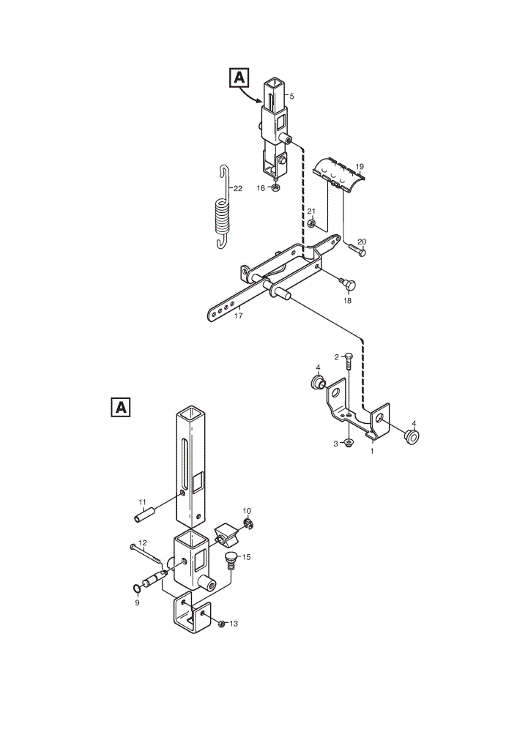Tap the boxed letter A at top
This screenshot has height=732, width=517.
[239, 78]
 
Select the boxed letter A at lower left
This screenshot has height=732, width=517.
[121, 407]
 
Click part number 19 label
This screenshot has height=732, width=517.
[359, 166]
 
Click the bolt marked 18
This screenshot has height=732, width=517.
[348, 283]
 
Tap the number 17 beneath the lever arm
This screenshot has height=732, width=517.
[239, 315]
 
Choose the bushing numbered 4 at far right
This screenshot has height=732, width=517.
[412, 438]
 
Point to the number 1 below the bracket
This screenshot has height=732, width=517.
[372, 452]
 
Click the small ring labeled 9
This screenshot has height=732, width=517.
[136, 589]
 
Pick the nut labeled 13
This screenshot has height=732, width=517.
[222, 623]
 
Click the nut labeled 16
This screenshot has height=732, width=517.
[275, 187]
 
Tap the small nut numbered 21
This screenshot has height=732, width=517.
[311, 225]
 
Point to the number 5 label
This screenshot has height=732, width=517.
[292, 97]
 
